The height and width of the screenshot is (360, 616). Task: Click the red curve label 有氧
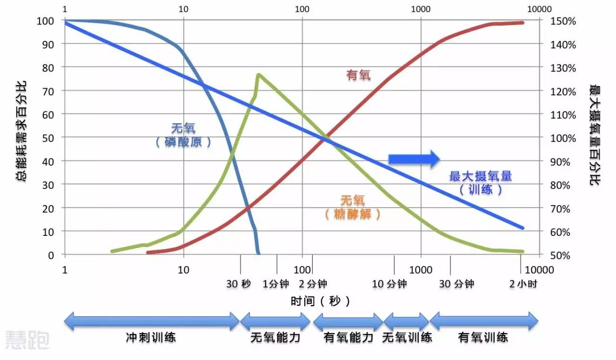point(359,75)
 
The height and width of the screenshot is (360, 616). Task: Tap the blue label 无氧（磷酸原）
point(183,135)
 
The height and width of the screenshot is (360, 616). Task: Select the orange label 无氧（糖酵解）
point(353,207)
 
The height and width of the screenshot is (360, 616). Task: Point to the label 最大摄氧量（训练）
point(480,182)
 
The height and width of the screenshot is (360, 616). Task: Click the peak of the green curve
point(258,75)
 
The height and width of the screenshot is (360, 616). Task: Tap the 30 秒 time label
point(239,283)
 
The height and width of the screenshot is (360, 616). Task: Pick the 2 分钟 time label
point(313,283)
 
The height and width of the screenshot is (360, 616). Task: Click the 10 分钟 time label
point(389,283)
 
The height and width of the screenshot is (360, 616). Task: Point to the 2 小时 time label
point(523,283)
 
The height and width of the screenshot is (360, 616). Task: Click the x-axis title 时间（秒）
point(321,302)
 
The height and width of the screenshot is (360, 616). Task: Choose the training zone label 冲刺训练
point(151,337)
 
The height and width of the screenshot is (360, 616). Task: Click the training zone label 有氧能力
point(348,337)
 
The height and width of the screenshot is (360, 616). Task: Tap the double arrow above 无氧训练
point(407,321)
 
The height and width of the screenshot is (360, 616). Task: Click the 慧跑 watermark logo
point(27,340)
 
